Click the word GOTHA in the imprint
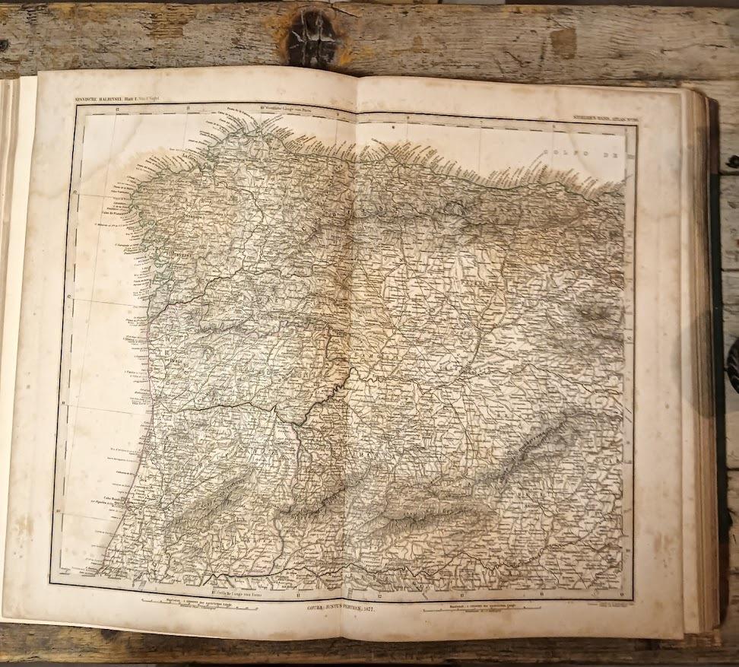coord(318,608)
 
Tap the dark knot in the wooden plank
coord(311,34)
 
